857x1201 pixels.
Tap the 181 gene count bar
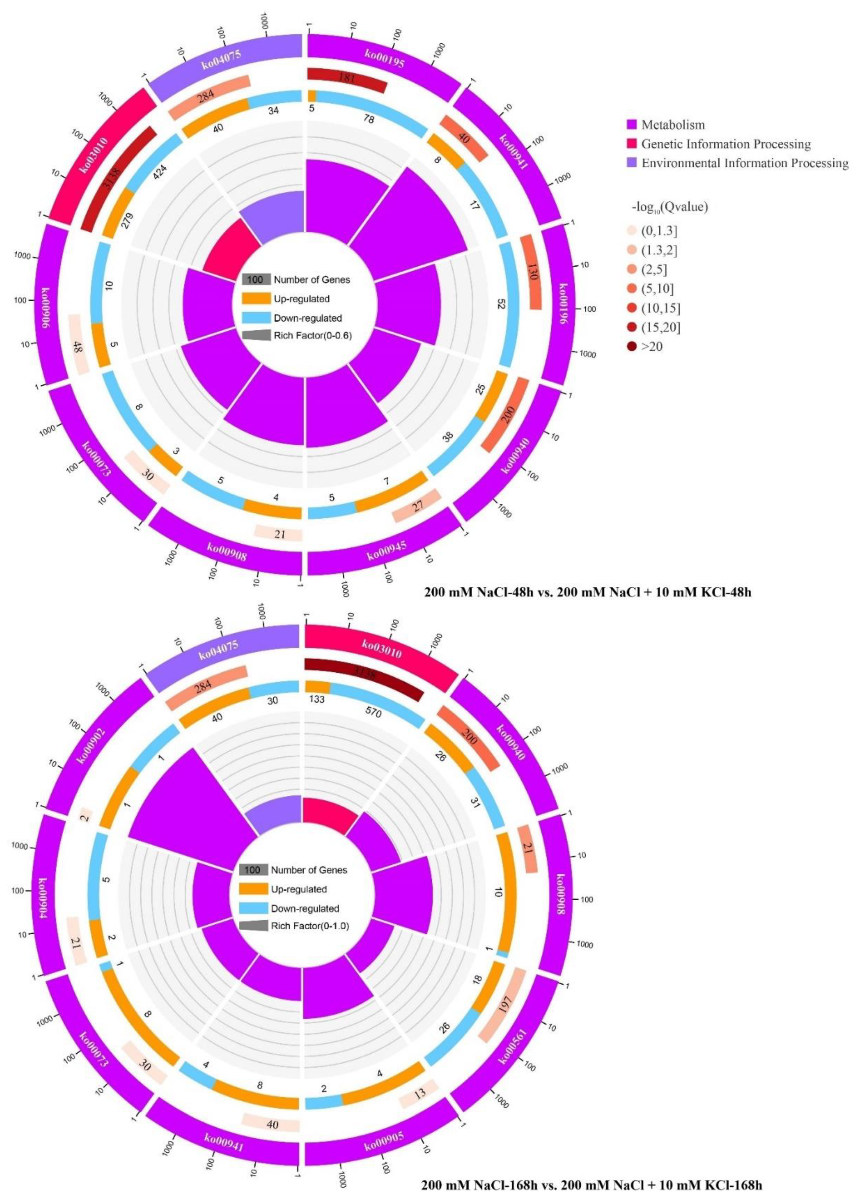(347, 79)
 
